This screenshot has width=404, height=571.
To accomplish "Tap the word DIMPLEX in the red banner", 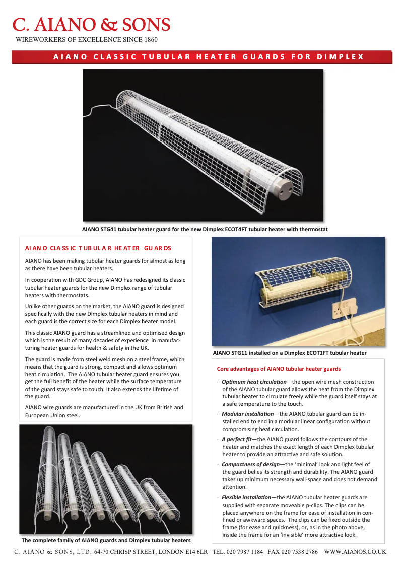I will [340, 57].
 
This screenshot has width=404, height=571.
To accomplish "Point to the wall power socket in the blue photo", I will [347, 306].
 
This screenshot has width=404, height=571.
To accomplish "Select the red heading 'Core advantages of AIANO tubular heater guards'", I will [279, 369].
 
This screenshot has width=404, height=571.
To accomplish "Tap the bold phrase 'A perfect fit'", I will [236, 439].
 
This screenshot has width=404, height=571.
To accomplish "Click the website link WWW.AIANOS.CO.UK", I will [355, 552].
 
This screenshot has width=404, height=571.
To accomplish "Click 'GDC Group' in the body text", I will [90, 280].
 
